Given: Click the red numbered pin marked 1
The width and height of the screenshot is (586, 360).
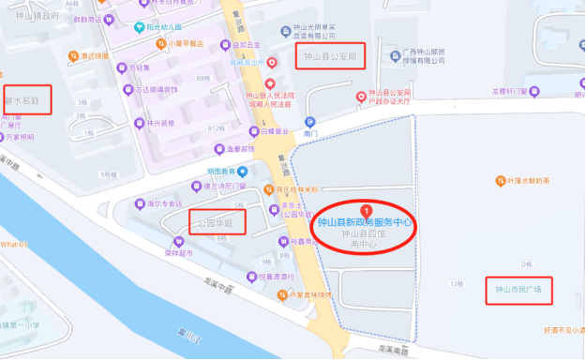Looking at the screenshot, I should tap(366, 209).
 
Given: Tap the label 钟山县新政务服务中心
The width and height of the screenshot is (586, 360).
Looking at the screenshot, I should tap(366, 222).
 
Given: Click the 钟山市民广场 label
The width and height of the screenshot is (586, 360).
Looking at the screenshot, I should tap(518, 291).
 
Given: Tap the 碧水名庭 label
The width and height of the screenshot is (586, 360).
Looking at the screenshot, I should tap(23, 98).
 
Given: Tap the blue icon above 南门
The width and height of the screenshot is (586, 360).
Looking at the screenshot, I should tap(310, 122).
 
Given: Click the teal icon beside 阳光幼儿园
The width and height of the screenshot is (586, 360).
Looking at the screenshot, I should tap(140, 28).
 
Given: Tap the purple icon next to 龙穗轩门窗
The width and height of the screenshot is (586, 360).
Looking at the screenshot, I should tap(535, 91).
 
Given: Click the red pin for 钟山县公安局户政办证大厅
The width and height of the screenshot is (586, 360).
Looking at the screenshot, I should tap(362, 97).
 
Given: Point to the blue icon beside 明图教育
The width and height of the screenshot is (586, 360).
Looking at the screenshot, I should tap(242, 171).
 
